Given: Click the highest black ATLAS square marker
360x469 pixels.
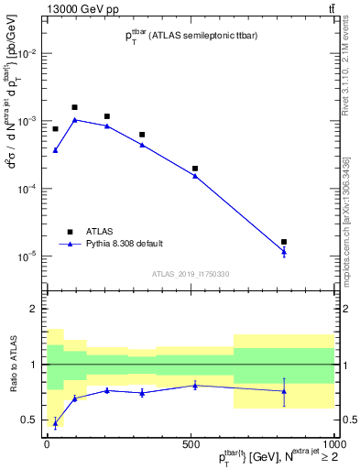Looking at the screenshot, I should (x=75, y=107).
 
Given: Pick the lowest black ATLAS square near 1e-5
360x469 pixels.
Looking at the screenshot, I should (x=284, y=242).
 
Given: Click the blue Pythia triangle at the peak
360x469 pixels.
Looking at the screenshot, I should (x=75, y=120).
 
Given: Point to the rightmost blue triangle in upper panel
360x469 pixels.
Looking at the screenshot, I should (x=284, y=252).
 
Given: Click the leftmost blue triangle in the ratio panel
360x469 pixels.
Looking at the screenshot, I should (x=55, y=423).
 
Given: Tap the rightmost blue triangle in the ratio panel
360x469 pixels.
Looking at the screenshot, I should (x=284, y=391).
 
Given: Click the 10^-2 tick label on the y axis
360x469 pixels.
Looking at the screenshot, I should (x=27, y=54).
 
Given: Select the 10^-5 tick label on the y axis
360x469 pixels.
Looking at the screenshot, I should (x=27, y=256).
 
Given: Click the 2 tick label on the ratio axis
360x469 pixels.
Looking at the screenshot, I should (x=33, y=309).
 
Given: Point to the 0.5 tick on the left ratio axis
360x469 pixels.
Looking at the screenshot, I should (x=28, y=420).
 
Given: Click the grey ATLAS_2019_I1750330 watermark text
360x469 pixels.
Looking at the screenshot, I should (x=191, y=273).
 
